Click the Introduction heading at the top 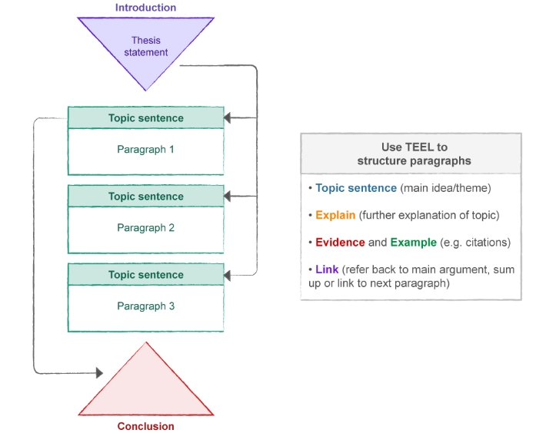tap(145, 8)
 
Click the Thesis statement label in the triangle tap(145, 46)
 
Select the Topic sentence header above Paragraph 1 tap(146, 118)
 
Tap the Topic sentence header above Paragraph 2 tap(146, 197)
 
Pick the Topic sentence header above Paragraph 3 tap(146, 275)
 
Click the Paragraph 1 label tap(146, 149)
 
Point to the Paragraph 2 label tap(146, 228)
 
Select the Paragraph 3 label tap(146, 306)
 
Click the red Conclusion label tap(145, 426)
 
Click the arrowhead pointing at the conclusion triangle tap(98, 373)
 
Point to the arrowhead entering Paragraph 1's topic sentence tap(228, 118)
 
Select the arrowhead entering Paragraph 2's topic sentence tap(228, 197)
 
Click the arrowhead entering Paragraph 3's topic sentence tap(228, 275)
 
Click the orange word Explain tap(335, 215)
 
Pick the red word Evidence tap(340, 243)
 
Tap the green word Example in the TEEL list tap(413, 243)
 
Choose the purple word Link tap(327, 270)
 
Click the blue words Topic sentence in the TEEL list tap(356, 188)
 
